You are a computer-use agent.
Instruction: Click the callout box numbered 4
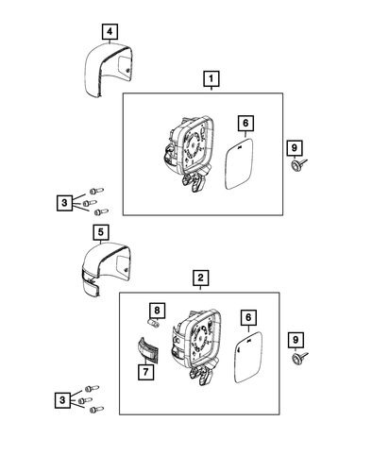(x=110, y=33)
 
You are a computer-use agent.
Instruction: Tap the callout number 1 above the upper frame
(x=211, y=78)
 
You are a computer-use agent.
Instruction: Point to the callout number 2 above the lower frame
(x=199, y=278)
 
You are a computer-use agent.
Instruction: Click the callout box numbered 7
(x=145, y=373)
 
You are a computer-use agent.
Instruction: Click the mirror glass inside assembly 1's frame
(x=243, y=165)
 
